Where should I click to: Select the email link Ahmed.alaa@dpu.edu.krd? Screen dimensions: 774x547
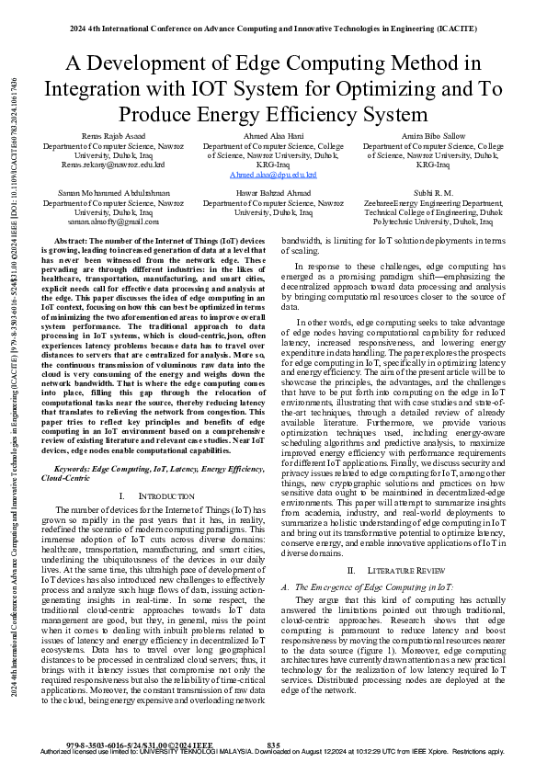tap(273, 174)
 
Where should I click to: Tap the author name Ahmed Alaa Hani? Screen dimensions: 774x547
tap(273, 134)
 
